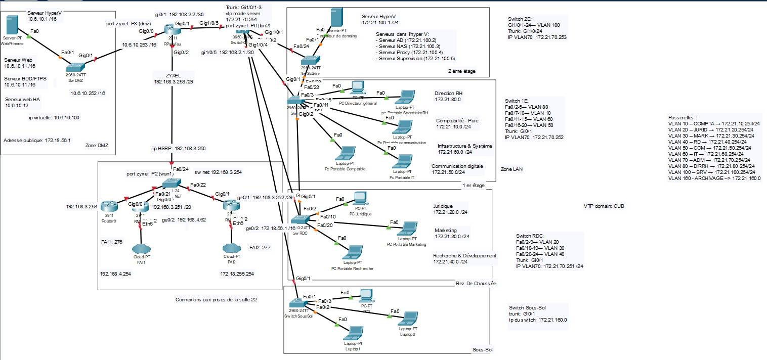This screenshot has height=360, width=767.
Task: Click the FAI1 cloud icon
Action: pos(140,248)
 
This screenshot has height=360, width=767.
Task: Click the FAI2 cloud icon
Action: pos(231,248)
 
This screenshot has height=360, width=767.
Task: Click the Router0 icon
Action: pos(107,206)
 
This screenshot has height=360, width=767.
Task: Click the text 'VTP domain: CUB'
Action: pos(604,206)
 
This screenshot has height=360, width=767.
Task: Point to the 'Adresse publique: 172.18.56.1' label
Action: pos(37,141)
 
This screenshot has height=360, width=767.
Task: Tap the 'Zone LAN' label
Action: pos(512,169)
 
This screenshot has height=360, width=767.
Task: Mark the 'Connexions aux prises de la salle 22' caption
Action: pos(216,299)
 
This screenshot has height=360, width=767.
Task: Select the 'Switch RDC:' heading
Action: pos(531,236)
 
